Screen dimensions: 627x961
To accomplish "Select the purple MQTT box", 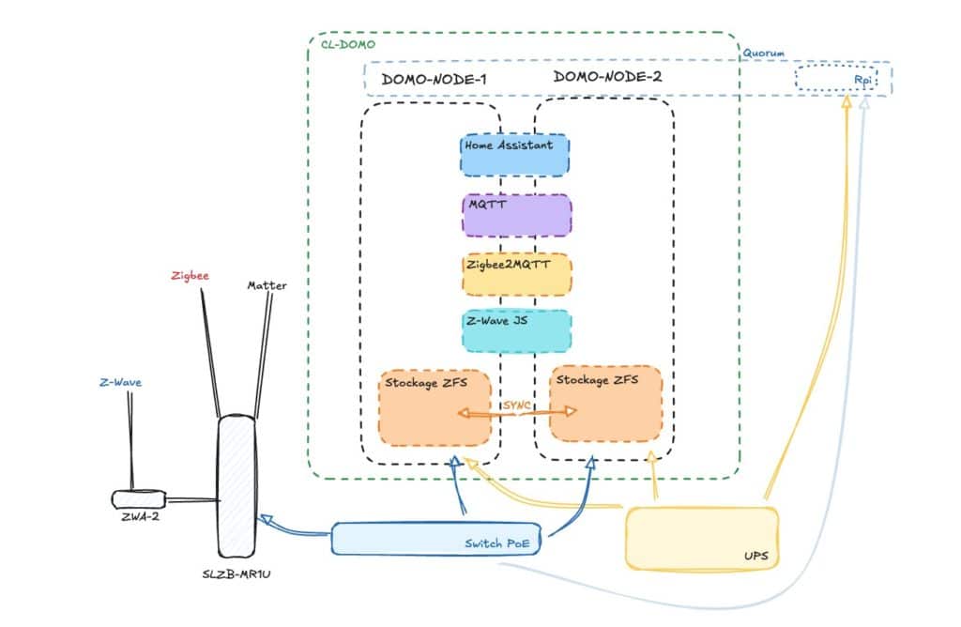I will [516, 216].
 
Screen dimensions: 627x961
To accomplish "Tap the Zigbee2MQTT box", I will [516, 275].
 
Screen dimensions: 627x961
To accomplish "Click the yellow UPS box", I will [702, 539].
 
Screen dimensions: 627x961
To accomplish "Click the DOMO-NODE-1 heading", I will [434, 79].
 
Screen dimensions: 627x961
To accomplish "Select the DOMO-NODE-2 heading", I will [607, 77].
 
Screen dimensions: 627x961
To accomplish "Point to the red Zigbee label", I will [190, 276].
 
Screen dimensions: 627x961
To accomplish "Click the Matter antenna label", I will [267, 284].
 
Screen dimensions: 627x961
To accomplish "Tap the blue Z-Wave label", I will [120, 383].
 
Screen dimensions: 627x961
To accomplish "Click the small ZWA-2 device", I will [138, 498].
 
